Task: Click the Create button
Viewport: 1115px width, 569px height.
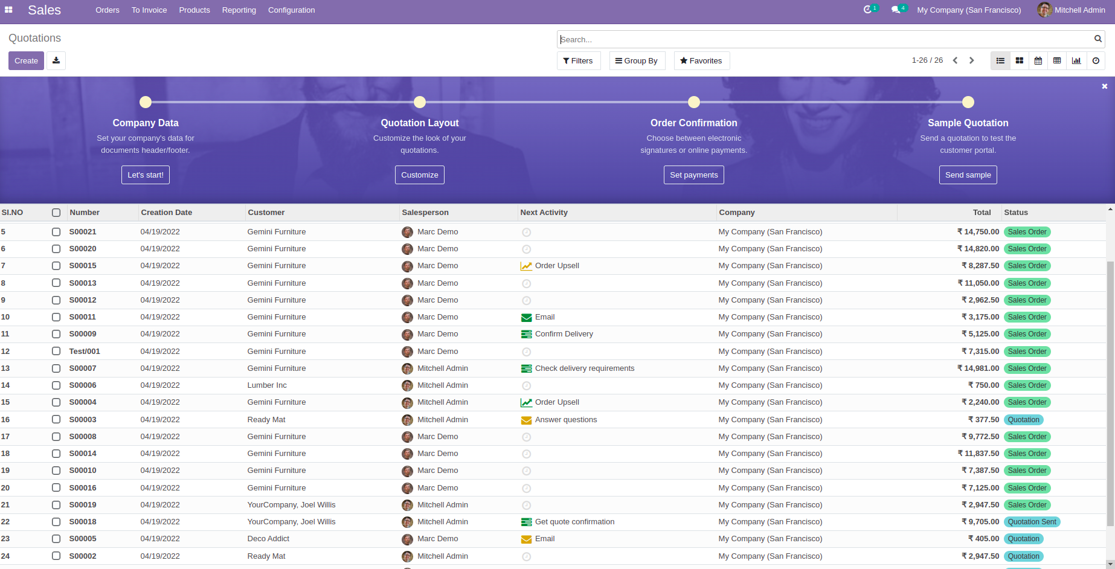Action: (26, 61)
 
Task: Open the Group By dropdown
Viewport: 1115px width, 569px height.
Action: (637, 61)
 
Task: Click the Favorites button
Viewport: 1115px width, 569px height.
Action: (701, 61)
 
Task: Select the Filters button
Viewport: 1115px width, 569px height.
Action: (578, 61)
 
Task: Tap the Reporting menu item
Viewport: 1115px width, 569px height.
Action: (239, 10)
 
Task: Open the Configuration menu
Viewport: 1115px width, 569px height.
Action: (291, 10)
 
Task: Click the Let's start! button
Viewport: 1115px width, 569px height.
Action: (145, 175)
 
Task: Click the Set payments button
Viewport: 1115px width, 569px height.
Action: (693, 175)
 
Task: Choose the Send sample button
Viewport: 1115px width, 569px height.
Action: (968, 175)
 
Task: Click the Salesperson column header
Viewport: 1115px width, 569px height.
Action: (425, 213)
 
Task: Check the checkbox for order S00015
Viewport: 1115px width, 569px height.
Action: (56, 266)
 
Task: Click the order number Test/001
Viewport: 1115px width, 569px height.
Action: (85, 352)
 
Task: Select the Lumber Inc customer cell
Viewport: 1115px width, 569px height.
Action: (267, 385)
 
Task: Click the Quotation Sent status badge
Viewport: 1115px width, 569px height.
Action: (1032, 522)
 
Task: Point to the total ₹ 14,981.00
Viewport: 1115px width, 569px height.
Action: (978, 368)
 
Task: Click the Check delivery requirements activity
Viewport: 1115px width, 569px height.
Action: (584, 368)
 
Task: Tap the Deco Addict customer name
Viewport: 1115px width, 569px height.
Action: (268, 539)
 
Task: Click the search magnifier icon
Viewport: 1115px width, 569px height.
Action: (1097, 39)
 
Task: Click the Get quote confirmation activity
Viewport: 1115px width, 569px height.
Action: (574, 522)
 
